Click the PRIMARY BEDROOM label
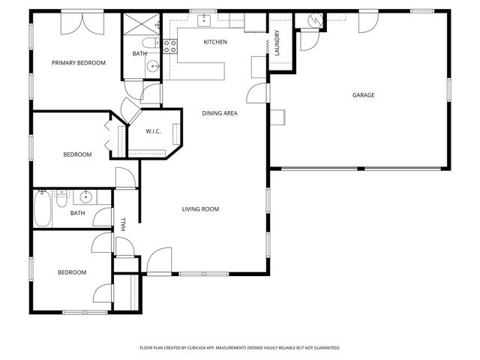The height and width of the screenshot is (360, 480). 78,63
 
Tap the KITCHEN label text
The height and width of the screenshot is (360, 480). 215,42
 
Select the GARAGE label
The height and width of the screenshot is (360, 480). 364,95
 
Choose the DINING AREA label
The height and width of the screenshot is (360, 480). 220,113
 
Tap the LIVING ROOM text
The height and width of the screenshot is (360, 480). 200,209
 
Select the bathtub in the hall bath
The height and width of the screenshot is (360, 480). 43,209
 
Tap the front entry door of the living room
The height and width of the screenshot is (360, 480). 158,262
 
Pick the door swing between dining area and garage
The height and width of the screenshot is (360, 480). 257,94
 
